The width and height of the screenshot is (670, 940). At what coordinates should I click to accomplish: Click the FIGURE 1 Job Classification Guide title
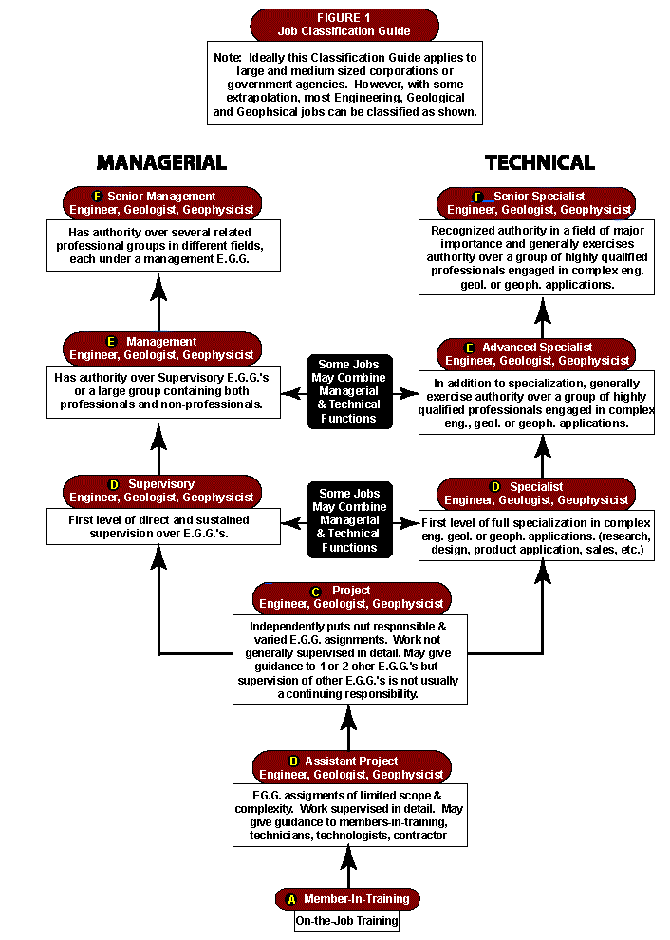344,25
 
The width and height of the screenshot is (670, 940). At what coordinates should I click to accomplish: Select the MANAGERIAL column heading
162,162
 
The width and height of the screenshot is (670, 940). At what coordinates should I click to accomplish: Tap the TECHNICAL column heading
540,162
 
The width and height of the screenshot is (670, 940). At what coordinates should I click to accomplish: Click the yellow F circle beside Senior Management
98,196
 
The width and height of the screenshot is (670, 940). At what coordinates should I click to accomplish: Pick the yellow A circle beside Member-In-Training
292,899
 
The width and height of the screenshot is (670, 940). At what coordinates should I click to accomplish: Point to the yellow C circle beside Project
316,592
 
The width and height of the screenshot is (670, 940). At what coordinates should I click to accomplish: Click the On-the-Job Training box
347,921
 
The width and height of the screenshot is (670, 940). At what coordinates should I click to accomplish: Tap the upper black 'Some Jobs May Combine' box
350,391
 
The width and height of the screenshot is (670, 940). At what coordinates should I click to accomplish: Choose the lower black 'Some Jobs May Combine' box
350,519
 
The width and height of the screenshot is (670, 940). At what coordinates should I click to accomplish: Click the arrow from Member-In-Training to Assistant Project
348,867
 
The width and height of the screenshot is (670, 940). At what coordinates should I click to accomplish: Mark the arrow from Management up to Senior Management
158,302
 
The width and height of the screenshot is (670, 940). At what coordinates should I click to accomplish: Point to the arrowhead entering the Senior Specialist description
542,309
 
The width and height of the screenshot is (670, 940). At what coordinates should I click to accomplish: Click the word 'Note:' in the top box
228,58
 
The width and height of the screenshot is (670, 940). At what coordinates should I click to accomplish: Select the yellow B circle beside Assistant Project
293,761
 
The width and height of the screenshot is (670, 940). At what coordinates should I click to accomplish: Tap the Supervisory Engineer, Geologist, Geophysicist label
162,491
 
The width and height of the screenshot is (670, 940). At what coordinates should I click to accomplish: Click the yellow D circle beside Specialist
495,487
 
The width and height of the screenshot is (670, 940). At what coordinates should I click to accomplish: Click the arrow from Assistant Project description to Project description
348,727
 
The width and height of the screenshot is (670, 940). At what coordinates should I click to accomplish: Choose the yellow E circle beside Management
111,341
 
